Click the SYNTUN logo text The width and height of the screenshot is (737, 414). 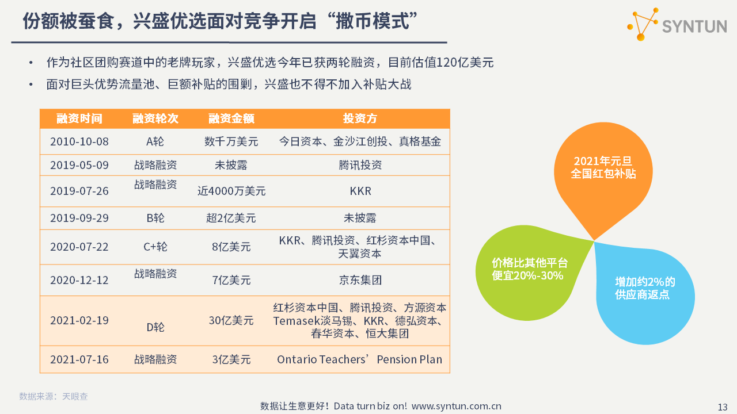[694, 26]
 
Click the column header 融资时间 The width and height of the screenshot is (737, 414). [79, 118]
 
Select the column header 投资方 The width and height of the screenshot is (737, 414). [360, 118]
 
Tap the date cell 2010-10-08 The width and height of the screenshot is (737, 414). [79, 141]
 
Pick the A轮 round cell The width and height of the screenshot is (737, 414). [155, 141]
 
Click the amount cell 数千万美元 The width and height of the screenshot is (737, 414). [231, 141]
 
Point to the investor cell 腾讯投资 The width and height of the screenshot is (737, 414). [360, 165]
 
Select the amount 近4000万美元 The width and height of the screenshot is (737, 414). [231, 191]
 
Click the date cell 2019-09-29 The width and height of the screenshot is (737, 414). [79, 218]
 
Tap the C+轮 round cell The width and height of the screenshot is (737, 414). [155, 247]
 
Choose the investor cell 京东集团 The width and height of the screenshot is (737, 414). [360, 280]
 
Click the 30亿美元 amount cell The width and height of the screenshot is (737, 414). [231, 320]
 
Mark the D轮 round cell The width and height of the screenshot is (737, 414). [155, 327]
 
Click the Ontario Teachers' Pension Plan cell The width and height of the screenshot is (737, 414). [360, 359]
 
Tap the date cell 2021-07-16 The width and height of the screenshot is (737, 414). [79, 359]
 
